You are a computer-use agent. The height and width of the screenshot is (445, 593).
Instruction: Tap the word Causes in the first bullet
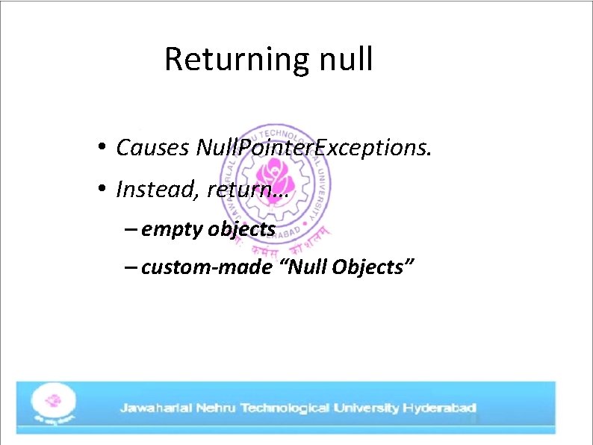point(152,148)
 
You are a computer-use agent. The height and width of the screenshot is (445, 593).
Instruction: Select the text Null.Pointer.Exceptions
point(313,148)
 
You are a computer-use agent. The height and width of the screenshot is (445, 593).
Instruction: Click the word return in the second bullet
point(243,190)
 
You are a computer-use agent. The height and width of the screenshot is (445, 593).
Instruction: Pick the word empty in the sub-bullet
point(172,228)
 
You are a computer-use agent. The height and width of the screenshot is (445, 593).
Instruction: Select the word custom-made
point(206,267)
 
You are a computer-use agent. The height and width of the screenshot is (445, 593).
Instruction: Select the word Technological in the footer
point(286,408)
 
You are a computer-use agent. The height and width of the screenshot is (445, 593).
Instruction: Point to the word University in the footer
point(366,408)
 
